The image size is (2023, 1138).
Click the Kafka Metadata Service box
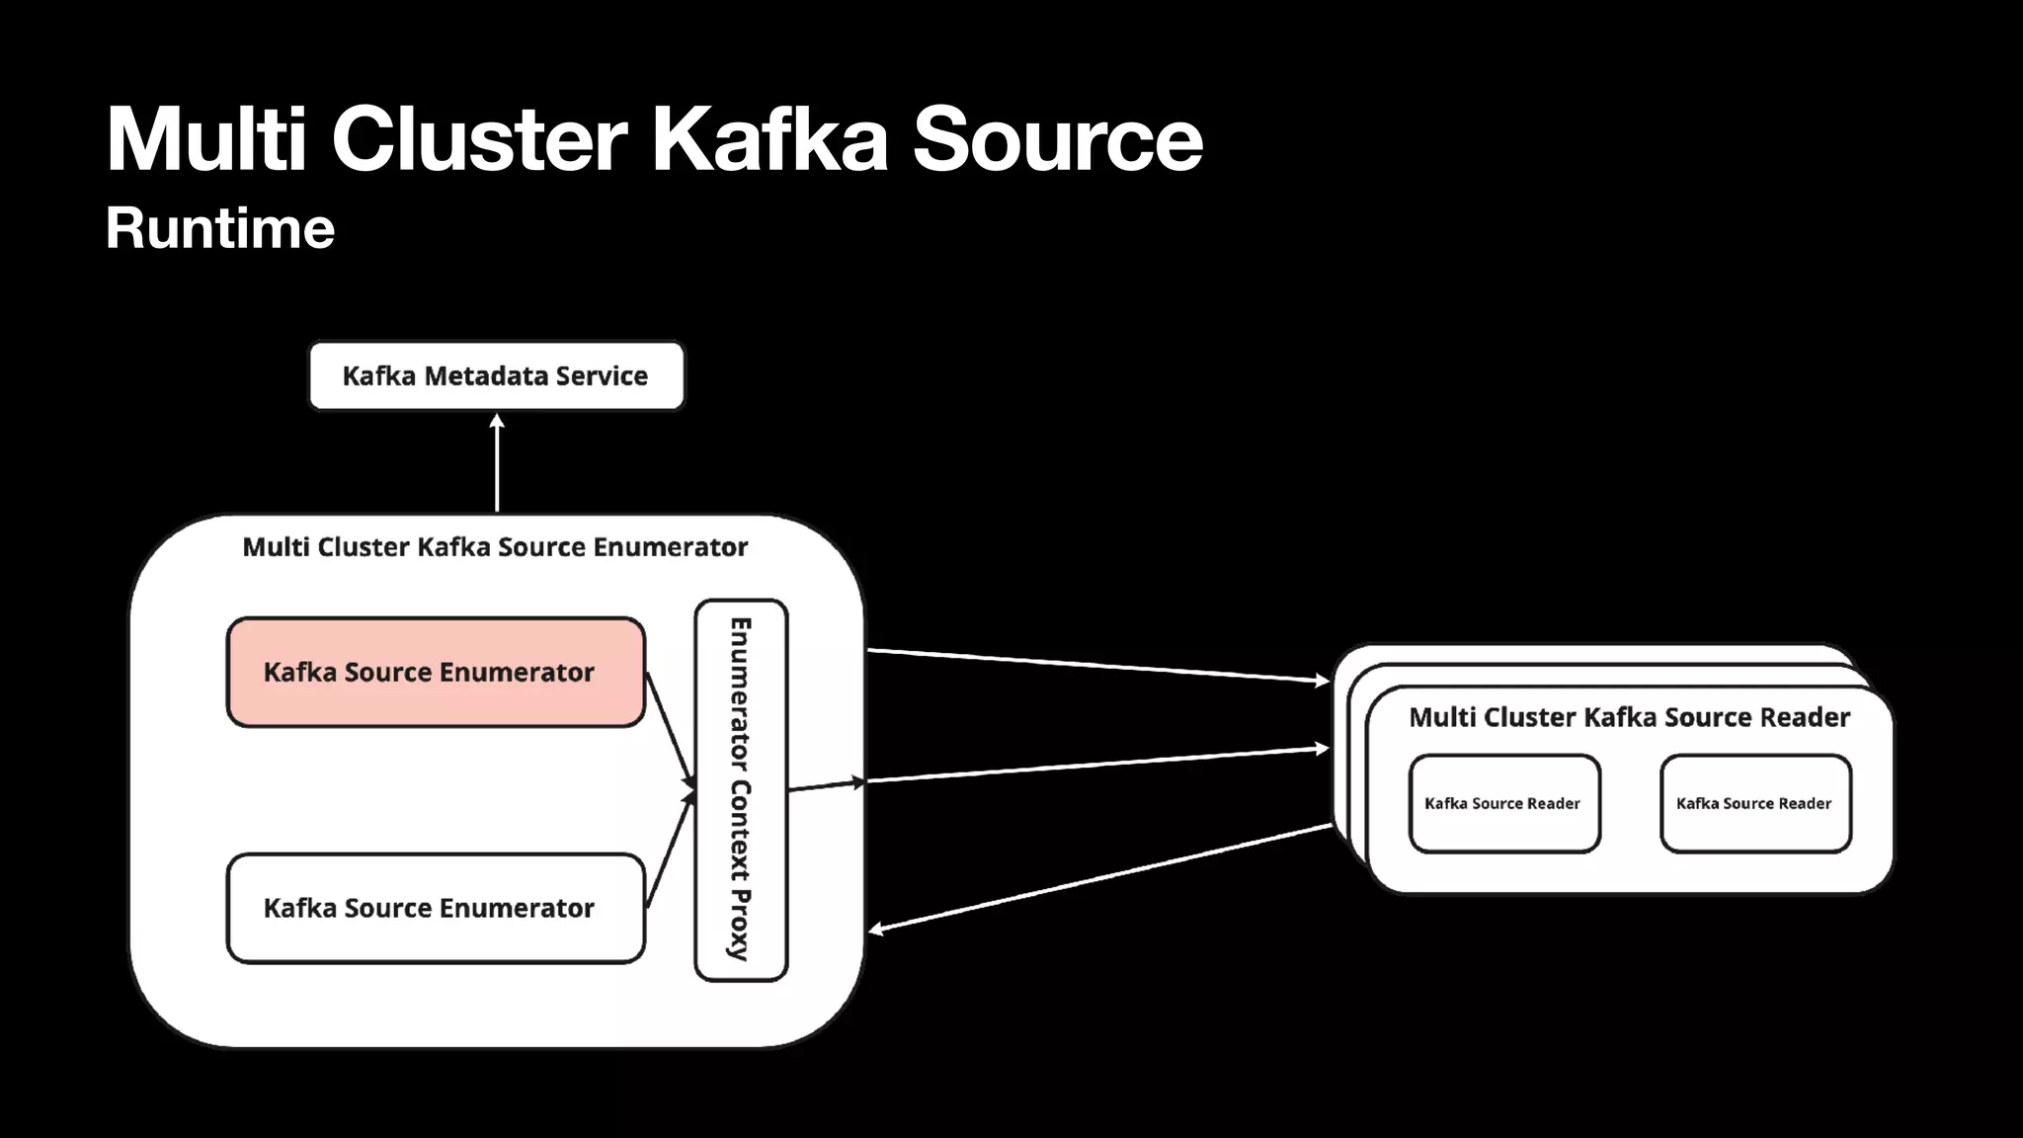click(x=496, y=376)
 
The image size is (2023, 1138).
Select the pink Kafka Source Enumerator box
click(x=436, y=673)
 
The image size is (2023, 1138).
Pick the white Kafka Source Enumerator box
click(x=436, y=908)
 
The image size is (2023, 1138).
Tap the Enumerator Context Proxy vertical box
click(x=741, y=790)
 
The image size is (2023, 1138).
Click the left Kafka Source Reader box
click(x=1503, y=803)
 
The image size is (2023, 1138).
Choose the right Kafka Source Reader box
click(x=1754, y=803)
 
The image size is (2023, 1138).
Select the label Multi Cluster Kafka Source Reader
click(x=1629, y=717)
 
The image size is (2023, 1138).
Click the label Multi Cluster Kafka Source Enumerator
click(x=495, y=547)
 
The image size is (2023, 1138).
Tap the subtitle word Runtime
click(x=220, y=229)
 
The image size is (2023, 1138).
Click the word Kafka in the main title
click(x=769, y=139)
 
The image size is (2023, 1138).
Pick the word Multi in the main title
click(x=206, y=139)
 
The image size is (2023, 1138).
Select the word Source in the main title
click(x=1057, y=139)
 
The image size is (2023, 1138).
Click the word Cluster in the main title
click(x=479, y=139)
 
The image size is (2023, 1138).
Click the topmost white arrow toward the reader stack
click(x=1096, y=666)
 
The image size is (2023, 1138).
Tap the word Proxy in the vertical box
click(x=740, y=925)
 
